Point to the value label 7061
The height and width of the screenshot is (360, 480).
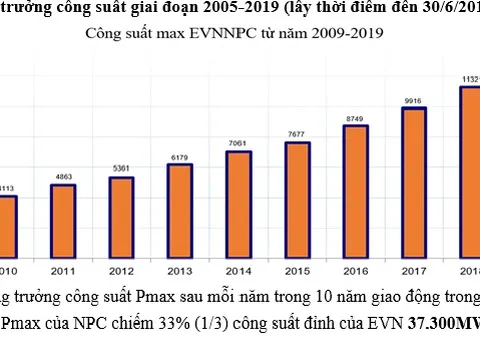(x=238, y=143)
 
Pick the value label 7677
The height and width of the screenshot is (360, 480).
(x=297, y=134)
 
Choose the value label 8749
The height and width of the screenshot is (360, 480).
(x=356, y=118)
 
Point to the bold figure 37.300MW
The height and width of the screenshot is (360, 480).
(x=439, y=323)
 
